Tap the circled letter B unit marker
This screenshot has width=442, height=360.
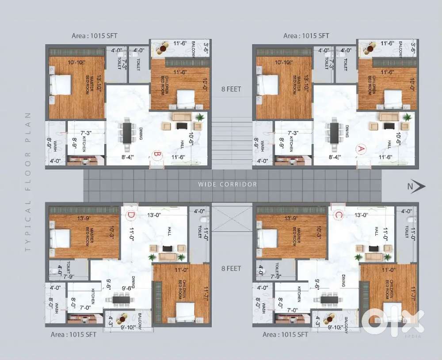tap(156, 155)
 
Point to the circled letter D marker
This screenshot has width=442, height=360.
tap(131, 215)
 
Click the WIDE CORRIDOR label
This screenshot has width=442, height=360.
tap(228, 184)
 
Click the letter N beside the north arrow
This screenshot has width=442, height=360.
tap(410, 187)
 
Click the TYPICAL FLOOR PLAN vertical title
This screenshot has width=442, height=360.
tap(28, 182)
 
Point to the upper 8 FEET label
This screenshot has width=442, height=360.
tap(231, 89)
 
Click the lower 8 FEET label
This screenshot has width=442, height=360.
tap(231, 268)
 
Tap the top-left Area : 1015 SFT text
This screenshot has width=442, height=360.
tap(95, 35)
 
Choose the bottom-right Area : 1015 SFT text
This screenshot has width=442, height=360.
tap(285, 334)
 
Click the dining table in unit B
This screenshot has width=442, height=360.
tap(127, 131)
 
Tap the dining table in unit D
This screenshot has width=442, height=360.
tap(121, 299)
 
